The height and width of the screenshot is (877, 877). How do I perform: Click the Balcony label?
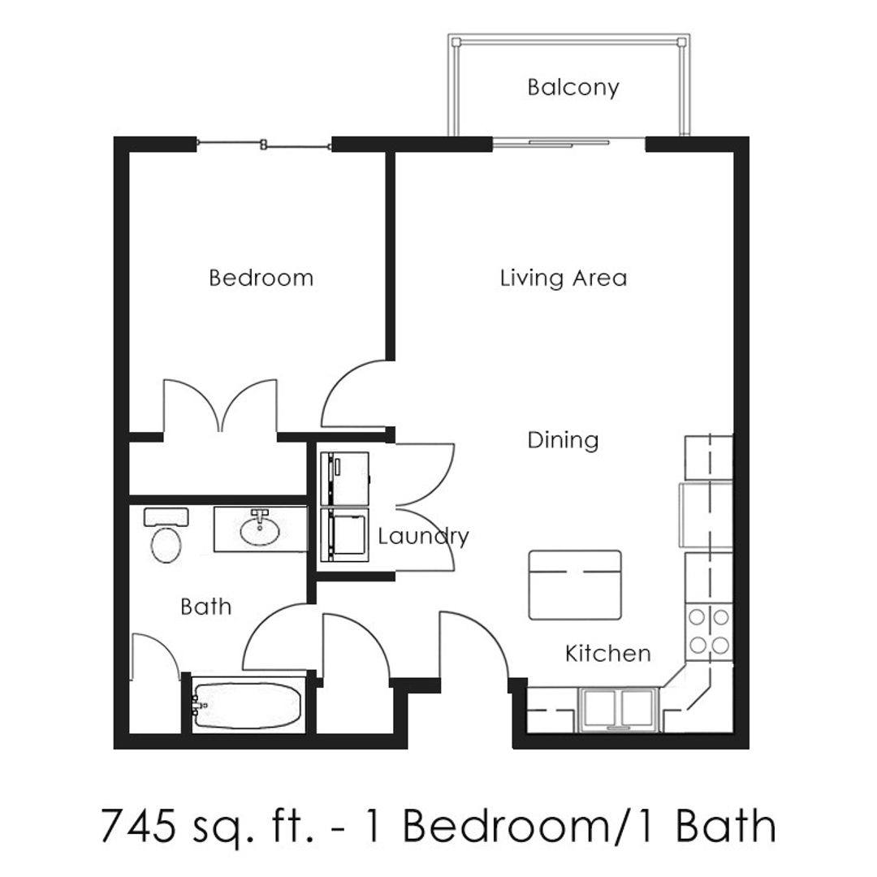click(x=573, y=88)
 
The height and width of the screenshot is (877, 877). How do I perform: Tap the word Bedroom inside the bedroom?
click(x=261, y=278)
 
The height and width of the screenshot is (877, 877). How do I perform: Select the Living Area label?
click(x=564, y=278)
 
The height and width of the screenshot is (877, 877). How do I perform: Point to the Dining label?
click(x=564, y=440)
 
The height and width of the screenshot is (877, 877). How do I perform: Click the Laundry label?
click(x=423, y=537)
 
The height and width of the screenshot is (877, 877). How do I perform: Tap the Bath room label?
click(x=205, y=607)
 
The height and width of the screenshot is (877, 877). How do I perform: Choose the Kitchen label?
click(x=608, y=653)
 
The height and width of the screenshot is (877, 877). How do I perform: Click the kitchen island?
click(x=575, y=585)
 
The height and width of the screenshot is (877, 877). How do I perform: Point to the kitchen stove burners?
click(x=709, y=632)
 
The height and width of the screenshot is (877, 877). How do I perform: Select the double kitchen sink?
click(x=617, y=709)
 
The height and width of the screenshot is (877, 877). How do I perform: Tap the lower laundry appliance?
click(x=344, y=534)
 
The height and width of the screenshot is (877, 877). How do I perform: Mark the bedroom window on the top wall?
click(x=264, y=145)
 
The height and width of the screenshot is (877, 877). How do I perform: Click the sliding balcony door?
click(x=551, y=144)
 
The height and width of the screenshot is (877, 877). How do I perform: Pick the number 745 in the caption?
click(x=135, y=826)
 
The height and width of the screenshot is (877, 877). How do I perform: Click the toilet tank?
click(x=166, y=516)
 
